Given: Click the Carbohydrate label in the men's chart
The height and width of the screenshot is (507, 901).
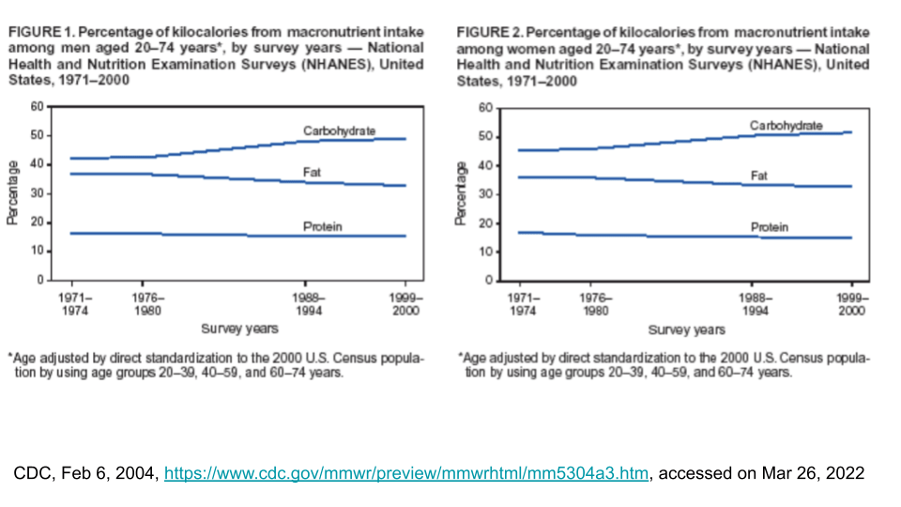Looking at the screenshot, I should [x=340, y=130].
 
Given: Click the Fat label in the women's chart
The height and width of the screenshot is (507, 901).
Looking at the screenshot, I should [x=760, y=176].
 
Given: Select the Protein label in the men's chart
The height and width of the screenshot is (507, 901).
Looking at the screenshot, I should [x=321, y=226].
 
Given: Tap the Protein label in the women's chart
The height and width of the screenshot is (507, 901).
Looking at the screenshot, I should [x=770, y=227].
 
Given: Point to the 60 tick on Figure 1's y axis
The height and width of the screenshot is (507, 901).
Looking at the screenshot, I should [x=37, y=106].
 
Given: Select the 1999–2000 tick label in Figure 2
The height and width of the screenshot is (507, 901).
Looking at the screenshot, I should [x=852, y=304].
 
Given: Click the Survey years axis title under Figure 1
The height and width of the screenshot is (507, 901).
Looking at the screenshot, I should [x=238, y=329].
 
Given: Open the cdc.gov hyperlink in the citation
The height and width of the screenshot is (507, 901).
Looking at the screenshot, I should [x=405, y=473].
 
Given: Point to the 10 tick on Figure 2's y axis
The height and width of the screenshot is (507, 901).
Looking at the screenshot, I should [x=486, y=252].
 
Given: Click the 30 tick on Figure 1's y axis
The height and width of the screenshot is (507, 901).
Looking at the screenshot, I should [x=37, y=192].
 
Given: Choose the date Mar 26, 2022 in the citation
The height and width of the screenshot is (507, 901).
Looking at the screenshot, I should [x=810, y=473].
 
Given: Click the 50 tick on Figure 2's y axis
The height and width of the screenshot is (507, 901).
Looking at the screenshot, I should [x=486, y=137].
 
